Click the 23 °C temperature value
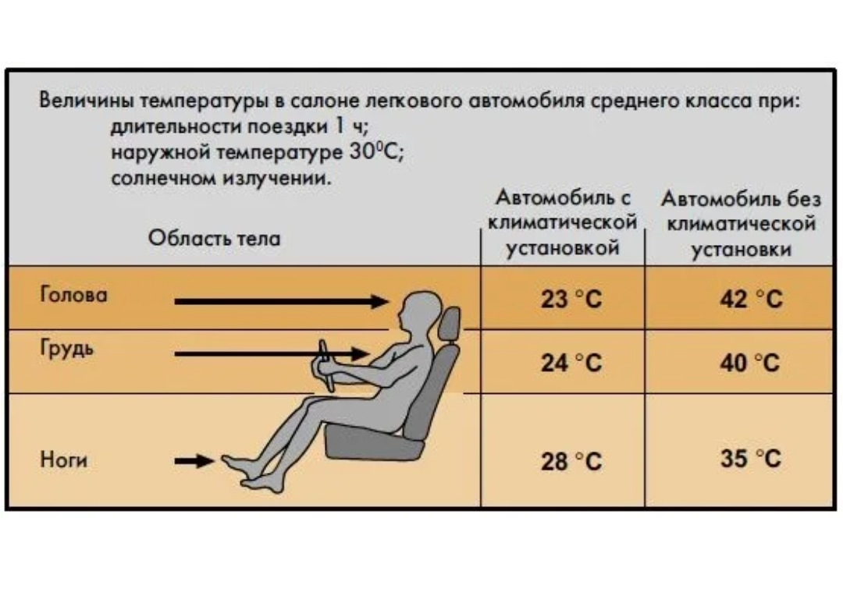(571, 300)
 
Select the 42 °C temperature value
(750, 300)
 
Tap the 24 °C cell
(571, 363)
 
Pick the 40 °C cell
(750, 363)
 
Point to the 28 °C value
(571, 462)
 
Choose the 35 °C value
(750, 459)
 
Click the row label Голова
(73, 296)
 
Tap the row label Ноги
(63, 460)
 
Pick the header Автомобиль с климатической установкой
(563, 224)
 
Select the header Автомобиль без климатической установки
(742, 224)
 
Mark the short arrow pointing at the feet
(194, 461)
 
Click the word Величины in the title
(77, 102)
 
